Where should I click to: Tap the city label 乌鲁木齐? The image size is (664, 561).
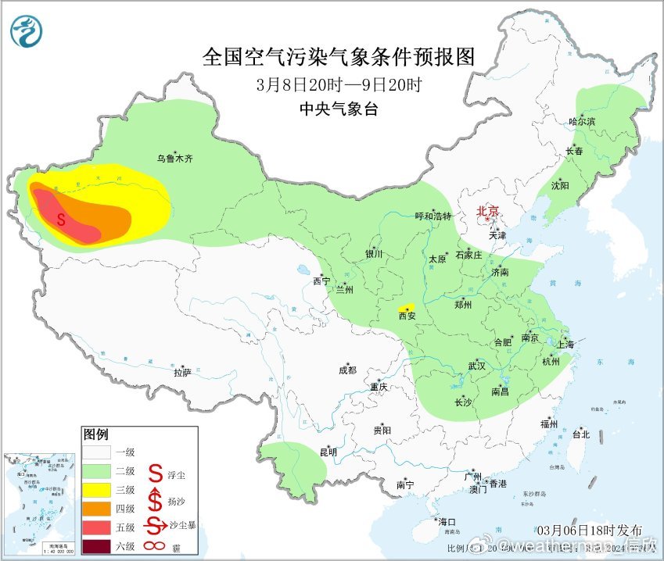(174, 159)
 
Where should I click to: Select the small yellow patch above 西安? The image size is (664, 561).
(406, 307)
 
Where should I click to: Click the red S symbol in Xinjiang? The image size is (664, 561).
(61, 220)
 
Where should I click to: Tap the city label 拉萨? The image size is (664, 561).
(182, 373)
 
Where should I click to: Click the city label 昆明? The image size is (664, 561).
(328, 452)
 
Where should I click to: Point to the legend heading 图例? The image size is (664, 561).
(95, 434)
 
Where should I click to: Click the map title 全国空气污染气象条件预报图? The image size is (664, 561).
(339, 57)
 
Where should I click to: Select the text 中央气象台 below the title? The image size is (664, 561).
(339, 109)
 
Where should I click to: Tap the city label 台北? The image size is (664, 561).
(580, 434)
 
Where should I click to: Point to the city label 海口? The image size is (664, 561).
(447, 522)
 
